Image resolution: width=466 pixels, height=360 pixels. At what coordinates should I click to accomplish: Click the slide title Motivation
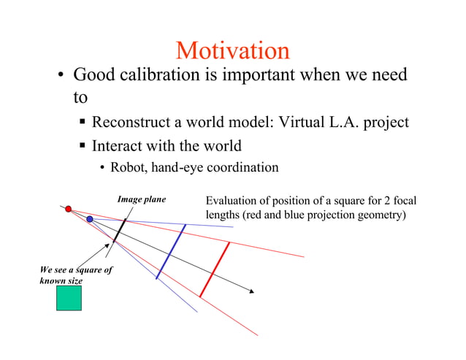[232, 50]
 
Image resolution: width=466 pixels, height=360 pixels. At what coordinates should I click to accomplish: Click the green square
[69, 298]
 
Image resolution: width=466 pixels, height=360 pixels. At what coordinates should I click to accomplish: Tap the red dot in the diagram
[69, 209]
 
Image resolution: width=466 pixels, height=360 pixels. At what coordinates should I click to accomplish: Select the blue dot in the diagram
[89, 219]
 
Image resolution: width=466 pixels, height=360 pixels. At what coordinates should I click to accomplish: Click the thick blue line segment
[171, 251]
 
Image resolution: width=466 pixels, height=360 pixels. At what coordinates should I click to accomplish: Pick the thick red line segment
[215, 269]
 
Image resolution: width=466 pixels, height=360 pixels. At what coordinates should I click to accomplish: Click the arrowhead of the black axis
[251, 291]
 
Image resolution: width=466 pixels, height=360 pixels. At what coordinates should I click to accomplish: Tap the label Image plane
[142, 199]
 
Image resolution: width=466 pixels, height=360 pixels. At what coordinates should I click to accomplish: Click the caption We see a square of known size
[75, 275]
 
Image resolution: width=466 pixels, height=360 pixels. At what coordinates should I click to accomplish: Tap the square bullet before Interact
[84, 145]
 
